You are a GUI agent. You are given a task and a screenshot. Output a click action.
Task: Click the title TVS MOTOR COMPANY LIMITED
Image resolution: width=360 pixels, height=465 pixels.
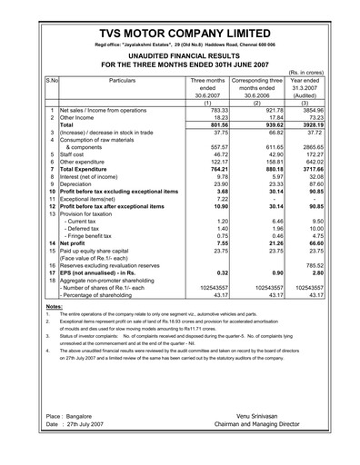click(x=179, y=27)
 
